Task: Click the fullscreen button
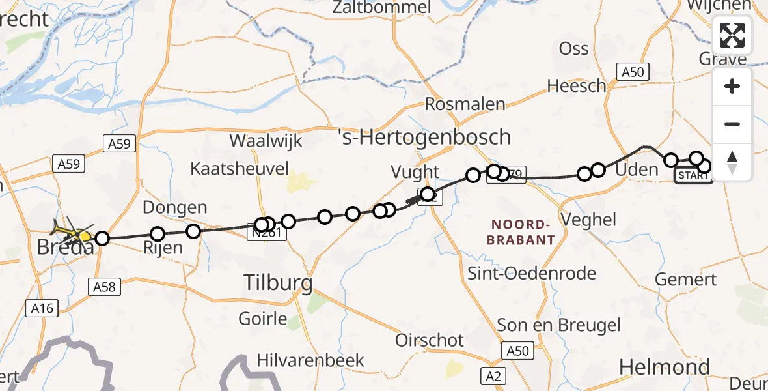click(x=732, y=35)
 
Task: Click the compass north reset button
click(x=732, y=162)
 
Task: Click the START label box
click(x=693, y=175)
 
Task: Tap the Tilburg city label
click(x=278, y=283)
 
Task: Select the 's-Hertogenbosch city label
click(x=425, y=137)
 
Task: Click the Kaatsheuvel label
click(x=239, y=169)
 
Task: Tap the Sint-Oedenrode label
click(x=532, y=273)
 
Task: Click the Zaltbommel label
click(x=381, y=8)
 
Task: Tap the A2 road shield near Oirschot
click(x=493, y=375)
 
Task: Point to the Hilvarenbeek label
click(x=310, y=360)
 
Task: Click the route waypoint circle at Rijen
click(x=158, y=234)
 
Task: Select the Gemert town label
click(x=685, y=279)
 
